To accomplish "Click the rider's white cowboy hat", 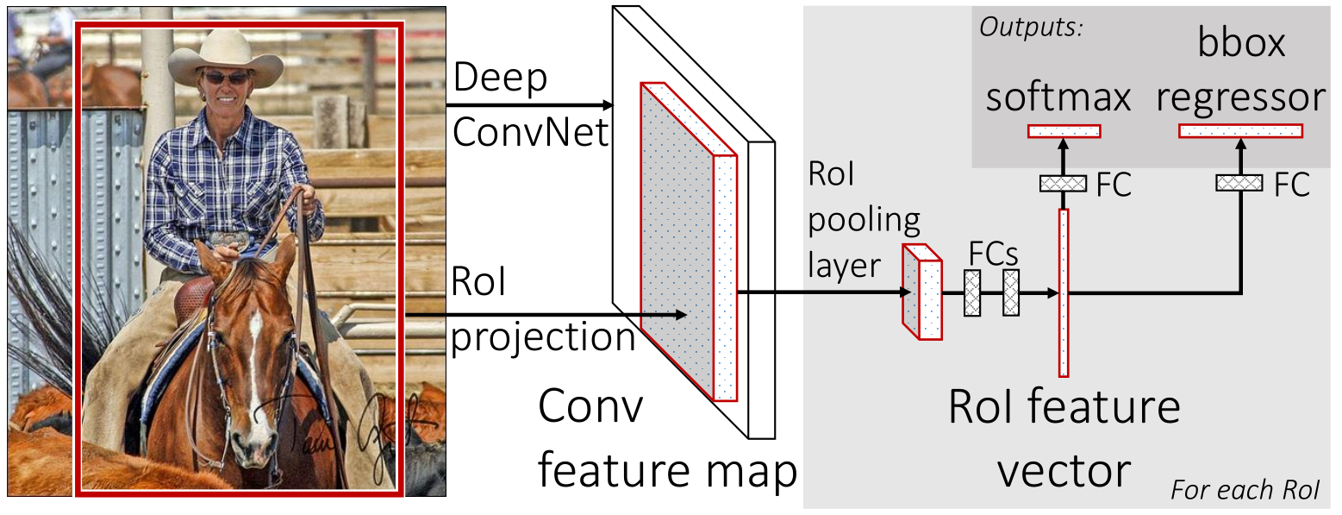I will pyautogui.click(x=226, y=59).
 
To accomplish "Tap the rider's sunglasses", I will pyautogui.click(x=226, y=78).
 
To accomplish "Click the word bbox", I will pyautogui.click(x=1240, y=43).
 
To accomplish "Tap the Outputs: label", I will pyautogui.click(x=1032, y=27).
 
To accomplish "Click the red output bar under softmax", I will pyautogui.click(x=1064, y=131).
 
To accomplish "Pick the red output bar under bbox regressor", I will pyautogui.click(x=1240, y=131).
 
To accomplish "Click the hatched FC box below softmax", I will pyautogui.click(x=1064, y=183).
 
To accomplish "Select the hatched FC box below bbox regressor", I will pyautogui.click(x=1239, y=182).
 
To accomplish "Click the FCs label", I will pyautogui.click(x=994, y=256).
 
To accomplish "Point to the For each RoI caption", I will pyautogui.click(x=1245, y=491).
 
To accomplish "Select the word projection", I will pyautogui.click(x=544, y=336).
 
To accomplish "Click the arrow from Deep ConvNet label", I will pyautogui.click(x=529, y=105).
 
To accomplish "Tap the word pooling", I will pyautogui.click(x=864, y=220).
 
